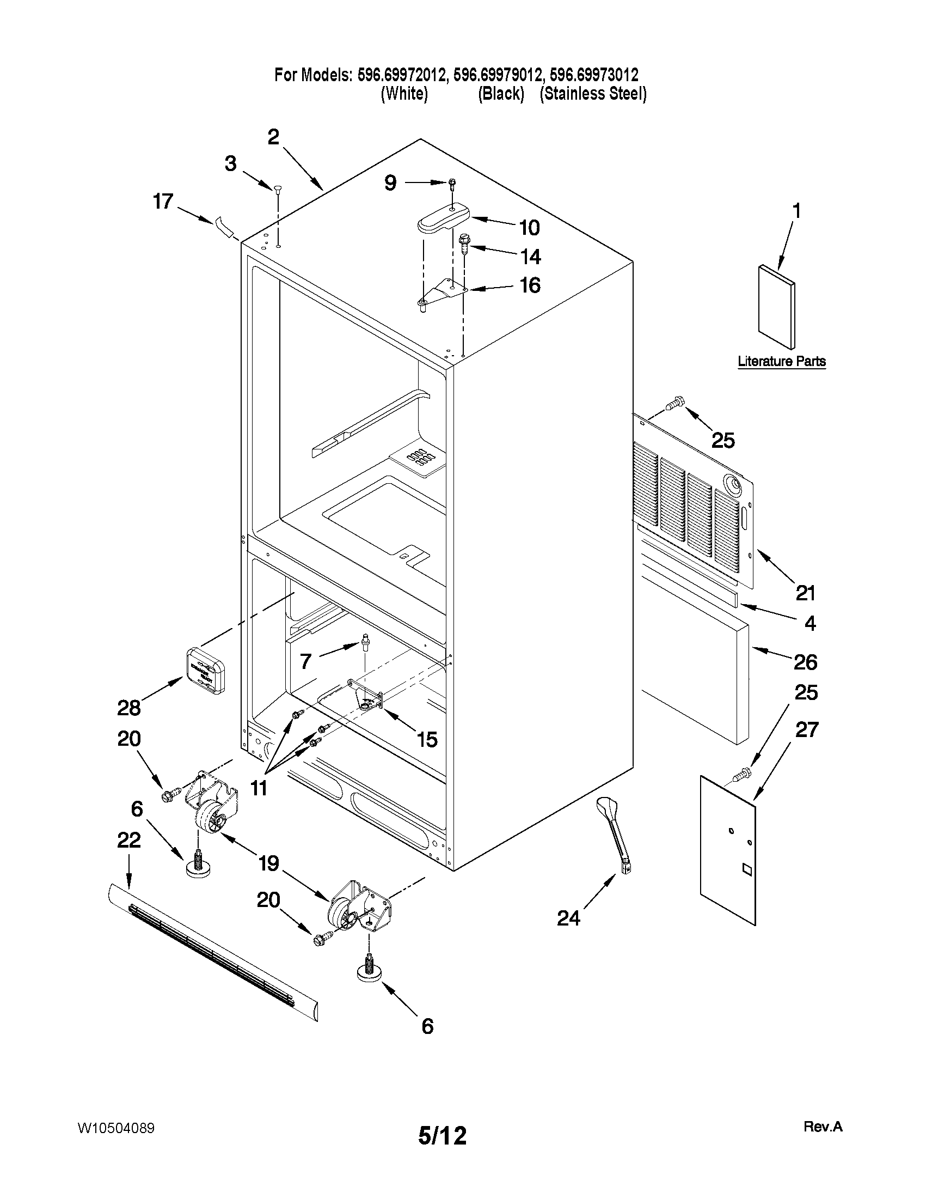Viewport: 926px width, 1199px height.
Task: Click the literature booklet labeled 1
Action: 776,307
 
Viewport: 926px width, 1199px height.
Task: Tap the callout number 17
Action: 163,202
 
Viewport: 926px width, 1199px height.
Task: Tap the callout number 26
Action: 805,662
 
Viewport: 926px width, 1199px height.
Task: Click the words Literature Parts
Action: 781,361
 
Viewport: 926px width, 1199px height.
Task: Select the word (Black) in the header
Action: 501,94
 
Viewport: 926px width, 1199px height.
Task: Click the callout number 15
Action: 427,739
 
